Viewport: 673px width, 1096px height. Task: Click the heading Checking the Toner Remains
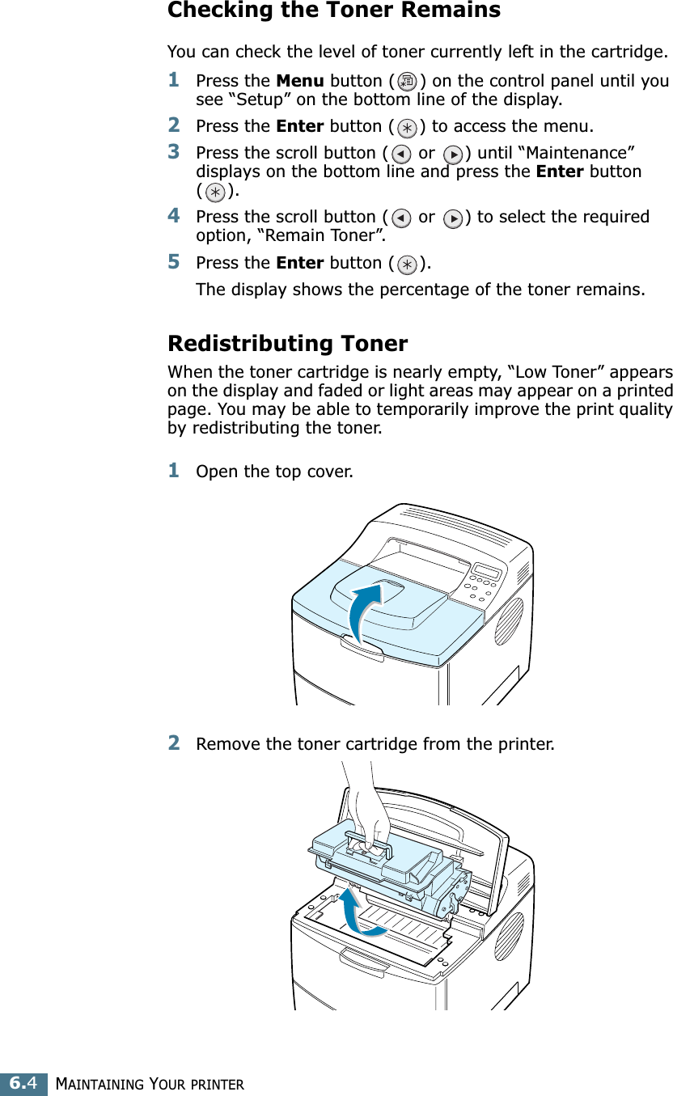333,11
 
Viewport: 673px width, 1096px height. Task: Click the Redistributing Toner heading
287,344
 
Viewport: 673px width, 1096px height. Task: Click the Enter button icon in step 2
408,128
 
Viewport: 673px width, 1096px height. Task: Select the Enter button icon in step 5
408,264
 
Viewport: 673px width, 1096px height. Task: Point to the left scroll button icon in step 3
400,154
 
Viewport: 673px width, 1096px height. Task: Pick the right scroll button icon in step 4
455,218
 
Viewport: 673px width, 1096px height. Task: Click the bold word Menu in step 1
300,81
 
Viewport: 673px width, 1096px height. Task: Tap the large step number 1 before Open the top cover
174,469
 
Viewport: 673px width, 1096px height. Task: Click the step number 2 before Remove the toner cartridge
174,742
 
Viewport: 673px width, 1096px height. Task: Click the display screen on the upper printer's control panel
486,571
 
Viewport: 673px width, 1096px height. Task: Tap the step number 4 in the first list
174,216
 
